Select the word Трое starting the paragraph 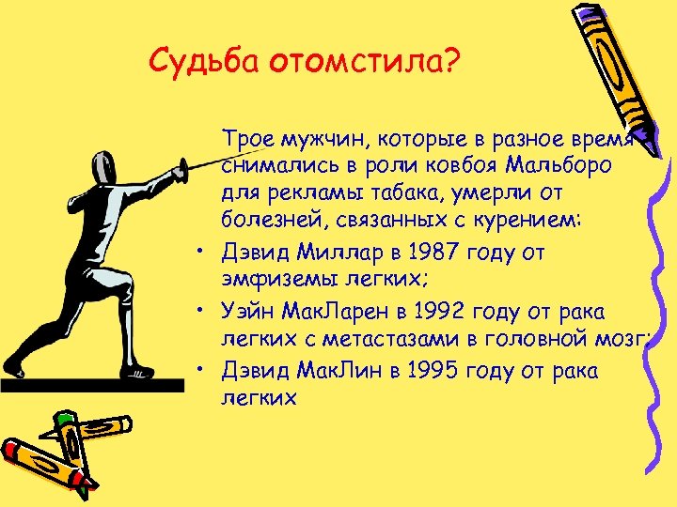(x=245, y=141)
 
